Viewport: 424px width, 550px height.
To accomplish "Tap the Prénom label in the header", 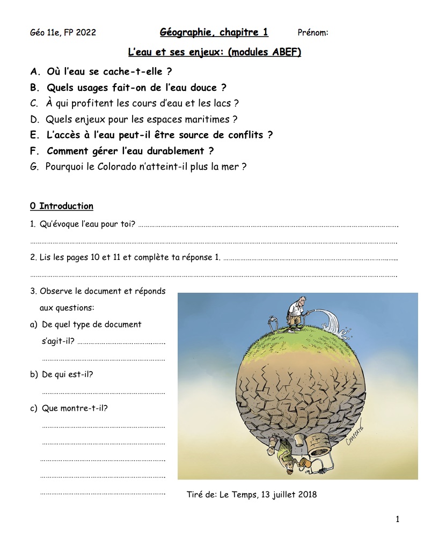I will (312, 33).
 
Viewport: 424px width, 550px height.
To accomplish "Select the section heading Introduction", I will (66, 206).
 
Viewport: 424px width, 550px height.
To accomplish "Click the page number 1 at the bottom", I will (397, 519).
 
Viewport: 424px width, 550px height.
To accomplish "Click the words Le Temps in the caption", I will (238, 494).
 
